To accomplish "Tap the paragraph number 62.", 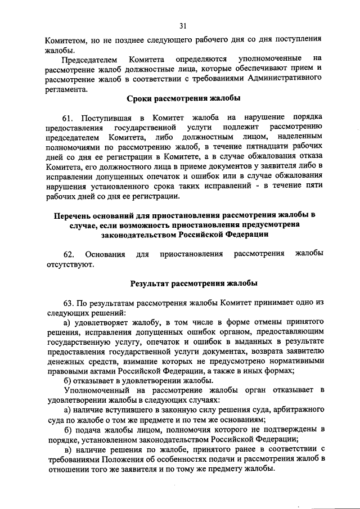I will pyautogui.click(x=70, y=255).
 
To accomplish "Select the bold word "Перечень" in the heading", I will pyautogui.click(x=72, y=215).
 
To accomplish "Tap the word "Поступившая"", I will pyautogui.click(x=107, y=118).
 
